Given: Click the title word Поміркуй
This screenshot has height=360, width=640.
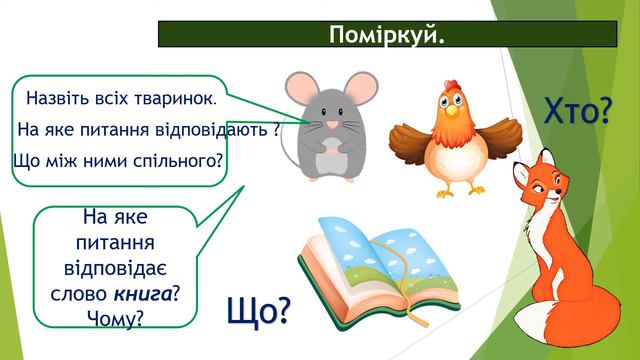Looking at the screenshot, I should pos(386,35).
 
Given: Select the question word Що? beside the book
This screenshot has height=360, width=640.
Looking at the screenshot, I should pos(259,313).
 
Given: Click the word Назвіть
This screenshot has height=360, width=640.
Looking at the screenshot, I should pos(58,100).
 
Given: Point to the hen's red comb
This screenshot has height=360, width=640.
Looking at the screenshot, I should pos(441,95).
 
